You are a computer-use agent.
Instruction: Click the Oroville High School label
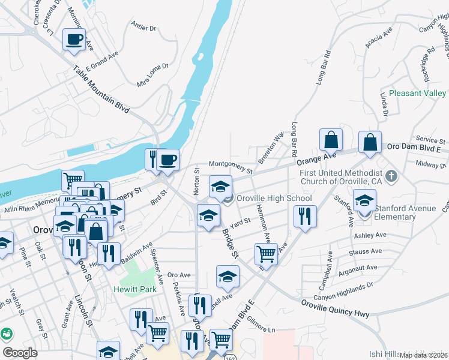coord(274,198)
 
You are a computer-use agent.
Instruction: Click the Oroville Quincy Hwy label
coord(335,308)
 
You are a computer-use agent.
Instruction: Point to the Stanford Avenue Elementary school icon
coord(364,202)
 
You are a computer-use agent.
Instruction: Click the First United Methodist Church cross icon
coord(392,176)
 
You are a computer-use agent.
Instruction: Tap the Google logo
coord(20,353)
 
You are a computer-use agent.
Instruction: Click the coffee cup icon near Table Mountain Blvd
coord(74,40)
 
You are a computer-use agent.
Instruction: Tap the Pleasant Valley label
coord(417,93)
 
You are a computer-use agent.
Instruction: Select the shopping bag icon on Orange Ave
coord(331,140)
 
